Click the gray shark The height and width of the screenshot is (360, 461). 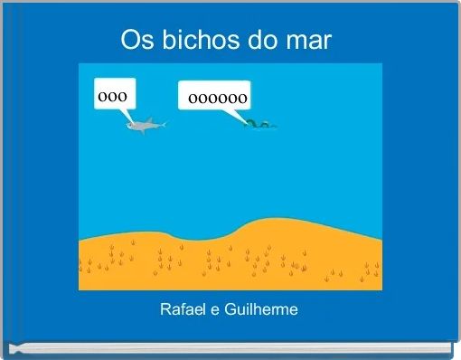tap(144, 126)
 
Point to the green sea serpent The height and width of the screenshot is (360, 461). tap(259, 124)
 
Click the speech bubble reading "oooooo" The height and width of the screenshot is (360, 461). tap(215, 97)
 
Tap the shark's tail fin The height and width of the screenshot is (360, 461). tap(163, 123)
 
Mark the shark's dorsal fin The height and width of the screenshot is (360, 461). tap(145, 119)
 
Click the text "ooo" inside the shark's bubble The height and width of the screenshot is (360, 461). tap(112, 93)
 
